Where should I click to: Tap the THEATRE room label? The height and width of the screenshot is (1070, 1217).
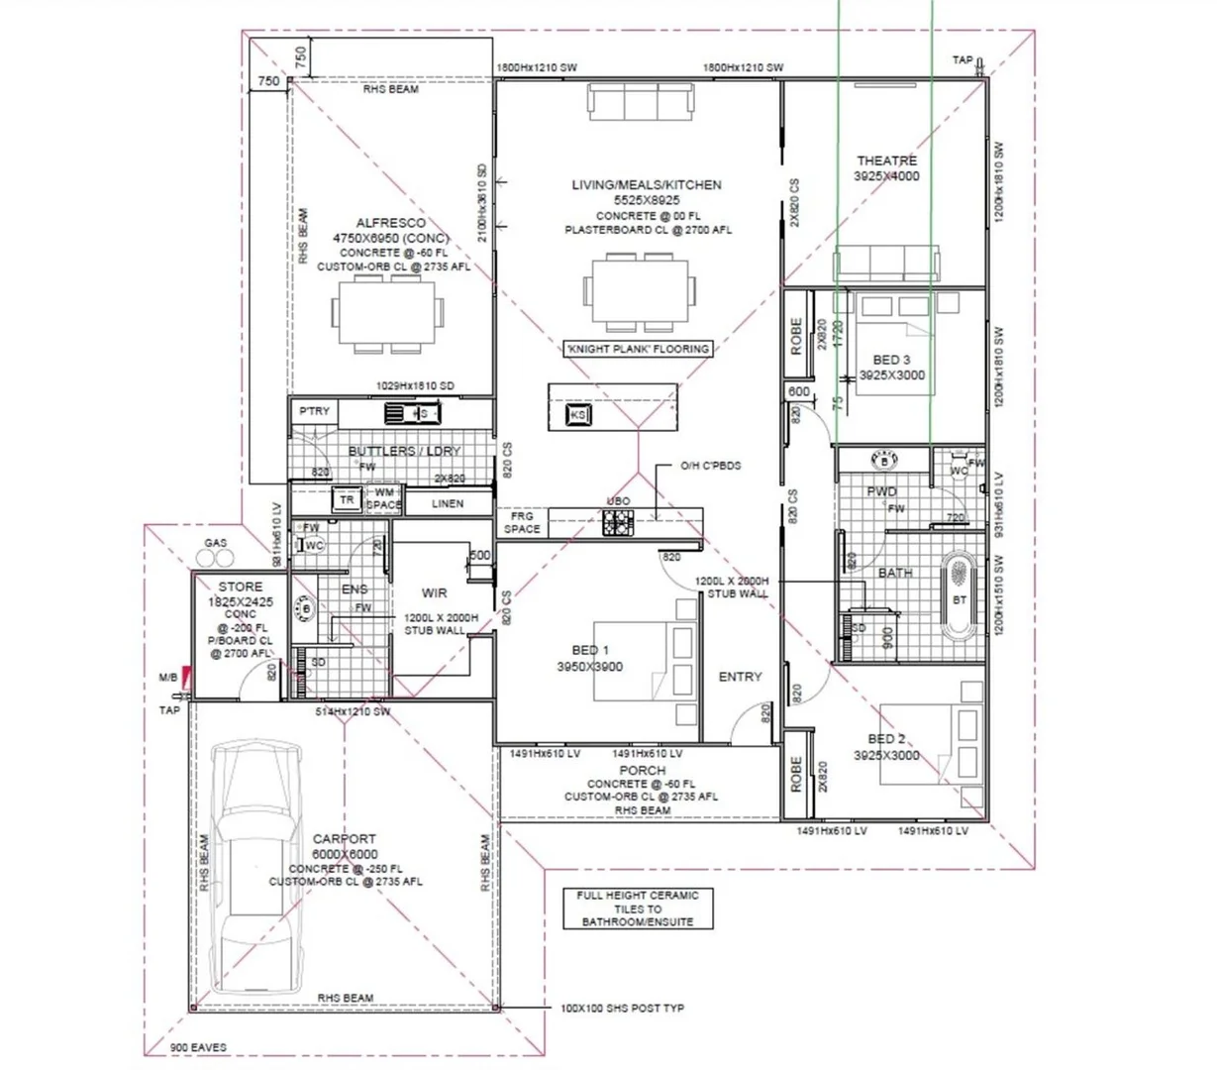point(886,160)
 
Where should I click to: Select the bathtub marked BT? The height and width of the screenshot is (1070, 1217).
point(959,597)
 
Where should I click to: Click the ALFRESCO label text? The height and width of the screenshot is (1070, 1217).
point(391,224)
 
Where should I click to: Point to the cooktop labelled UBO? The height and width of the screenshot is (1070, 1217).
point(619,521)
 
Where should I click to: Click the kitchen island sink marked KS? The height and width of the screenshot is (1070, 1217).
point(577,414)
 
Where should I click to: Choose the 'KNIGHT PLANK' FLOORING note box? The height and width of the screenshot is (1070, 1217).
point(637,349)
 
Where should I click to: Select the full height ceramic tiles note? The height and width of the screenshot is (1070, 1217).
point(638,909)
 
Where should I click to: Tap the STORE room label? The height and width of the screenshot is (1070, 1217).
point(241,588)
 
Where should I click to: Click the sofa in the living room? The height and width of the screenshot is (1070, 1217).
point(640,102)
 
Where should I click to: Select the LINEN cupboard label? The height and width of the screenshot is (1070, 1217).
point(448,503)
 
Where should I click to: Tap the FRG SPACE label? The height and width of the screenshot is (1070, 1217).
point(522,522)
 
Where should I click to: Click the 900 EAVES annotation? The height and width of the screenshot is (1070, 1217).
point(198,1047)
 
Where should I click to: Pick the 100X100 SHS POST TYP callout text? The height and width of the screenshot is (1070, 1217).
point(622,1009)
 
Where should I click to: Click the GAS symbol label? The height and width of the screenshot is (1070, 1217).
point(215,543)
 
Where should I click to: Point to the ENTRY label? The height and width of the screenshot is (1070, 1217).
point(740,677)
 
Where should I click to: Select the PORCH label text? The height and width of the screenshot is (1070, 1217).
point(642,770)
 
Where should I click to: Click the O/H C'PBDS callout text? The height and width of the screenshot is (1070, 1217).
point(710,466)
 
